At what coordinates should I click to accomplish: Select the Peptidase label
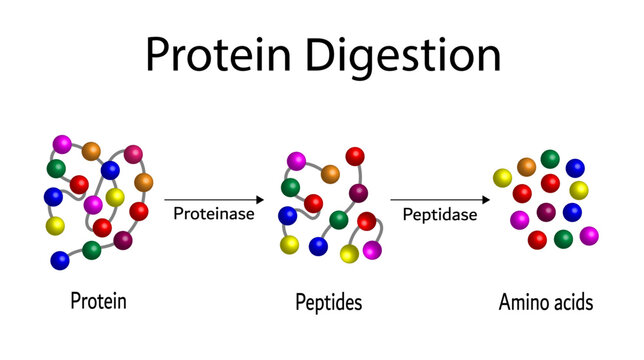tap(439, 213)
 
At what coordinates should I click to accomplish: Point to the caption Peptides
tap(329, 300)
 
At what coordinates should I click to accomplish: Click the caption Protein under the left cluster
tap(98, 300)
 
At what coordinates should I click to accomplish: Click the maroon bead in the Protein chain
tap(123, 240)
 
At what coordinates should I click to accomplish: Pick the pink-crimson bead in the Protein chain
tap(133, 154)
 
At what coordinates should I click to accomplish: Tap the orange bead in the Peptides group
tap(330, 174)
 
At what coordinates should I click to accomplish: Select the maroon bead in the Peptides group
tap(358, 193)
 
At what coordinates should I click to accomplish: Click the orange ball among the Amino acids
tap(526, 167)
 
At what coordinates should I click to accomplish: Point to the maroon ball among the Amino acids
tap(546, 212)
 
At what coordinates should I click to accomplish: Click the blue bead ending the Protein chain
tap(60, 260)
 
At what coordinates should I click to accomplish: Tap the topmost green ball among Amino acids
tap(550, 159)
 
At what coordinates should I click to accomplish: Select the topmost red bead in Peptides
tap(355, 156)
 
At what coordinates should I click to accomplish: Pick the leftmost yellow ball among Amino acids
tap(503, 178)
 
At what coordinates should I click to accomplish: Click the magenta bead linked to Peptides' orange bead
tap(296, 160)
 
